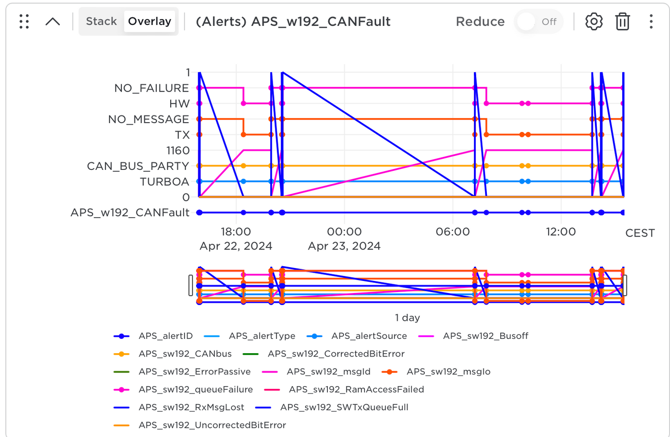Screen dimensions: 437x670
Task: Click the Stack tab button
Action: (101, 21)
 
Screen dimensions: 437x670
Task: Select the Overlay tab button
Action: (149, 21)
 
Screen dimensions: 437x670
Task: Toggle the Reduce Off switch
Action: (538, 22)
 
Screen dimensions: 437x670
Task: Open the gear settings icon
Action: (593, 22)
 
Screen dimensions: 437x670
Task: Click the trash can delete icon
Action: (622, 22)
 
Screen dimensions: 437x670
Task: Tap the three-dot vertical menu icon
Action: (651, 22)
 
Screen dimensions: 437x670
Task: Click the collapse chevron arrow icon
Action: (53, 22)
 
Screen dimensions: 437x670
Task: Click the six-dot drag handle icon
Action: (24, 22)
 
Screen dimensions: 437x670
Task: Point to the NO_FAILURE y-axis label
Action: (152, 88)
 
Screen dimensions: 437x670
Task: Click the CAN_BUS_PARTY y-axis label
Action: (138, 166)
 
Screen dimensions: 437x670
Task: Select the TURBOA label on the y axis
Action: (164, 181)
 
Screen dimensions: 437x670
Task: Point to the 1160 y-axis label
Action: (178, 150)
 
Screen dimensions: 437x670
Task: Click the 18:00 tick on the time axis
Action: (236, 231)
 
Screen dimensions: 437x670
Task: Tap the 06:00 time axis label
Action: (453, 231)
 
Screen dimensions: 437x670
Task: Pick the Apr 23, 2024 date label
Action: (344, 246)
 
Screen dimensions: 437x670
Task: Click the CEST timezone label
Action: (640, 233)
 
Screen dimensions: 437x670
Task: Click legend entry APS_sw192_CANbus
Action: (185, 354)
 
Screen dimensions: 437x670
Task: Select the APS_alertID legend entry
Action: (165, 336)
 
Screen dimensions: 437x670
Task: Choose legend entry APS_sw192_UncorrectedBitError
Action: (212, 425)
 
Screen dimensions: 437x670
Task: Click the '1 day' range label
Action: (407, 318)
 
